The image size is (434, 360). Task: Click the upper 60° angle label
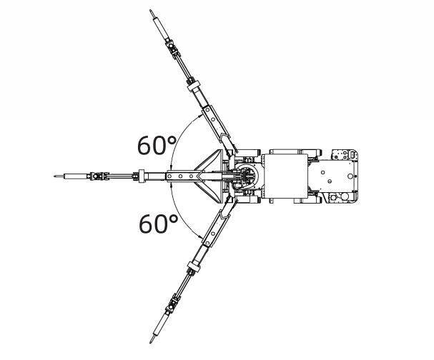coord(157,144)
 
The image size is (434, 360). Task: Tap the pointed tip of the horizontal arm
coord(54,174)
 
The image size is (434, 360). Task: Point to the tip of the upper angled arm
coord(152,11)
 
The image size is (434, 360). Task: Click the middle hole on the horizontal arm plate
coord(184,175)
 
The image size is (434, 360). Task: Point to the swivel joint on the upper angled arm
coord(172,49)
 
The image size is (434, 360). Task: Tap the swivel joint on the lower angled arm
coord(172,305)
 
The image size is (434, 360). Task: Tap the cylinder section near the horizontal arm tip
coord(72,175)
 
